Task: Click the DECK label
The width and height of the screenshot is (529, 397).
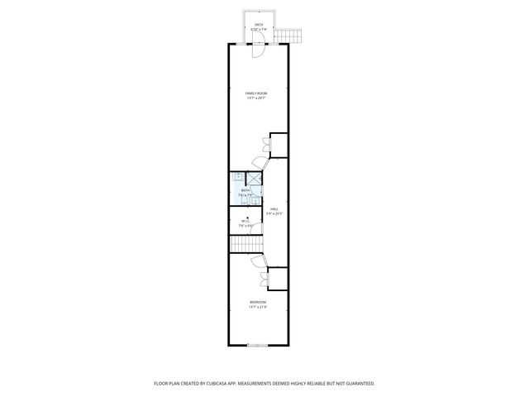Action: [x=258, y=26]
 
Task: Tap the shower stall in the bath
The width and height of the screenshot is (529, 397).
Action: [x=255, y=176]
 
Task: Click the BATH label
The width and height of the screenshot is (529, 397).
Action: [x=245, y=190]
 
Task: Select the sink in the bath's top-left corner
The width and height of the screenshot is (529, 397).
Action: [x=237, y=175]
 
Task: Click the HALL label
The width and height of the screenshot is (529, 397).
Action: [x=274, y=209]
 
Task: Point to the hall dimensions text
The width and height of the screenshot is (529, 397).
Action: [x=274, y=214]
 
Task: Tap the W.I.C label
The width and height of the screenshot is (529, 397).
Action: [x=245, y=221]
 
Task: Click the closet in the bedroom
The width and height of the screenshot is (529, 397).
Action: [x=277, y=279]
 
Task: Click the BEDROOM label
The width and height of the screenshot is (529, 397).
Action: [x=257, y=302]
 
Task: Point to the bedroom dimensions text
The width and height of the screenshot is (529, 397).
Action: [x=257, y=307]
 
